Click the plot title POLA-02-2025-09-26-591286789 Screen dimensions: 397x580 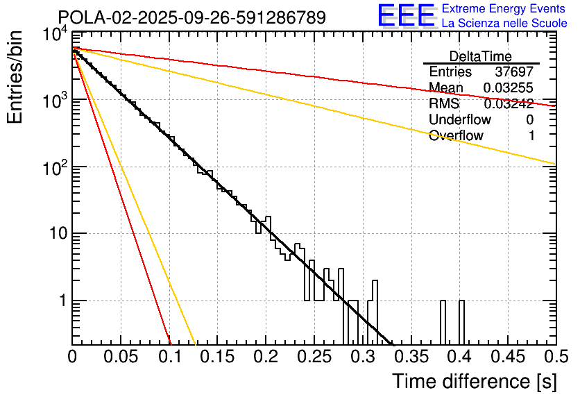pyautogui.click(x=191, y=18)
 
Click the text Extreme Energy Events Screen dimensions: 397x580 pyautogui.click(x=504, y=9)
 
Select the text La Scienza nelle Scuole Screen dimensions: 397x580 pyautogui.click(x=504, y=23)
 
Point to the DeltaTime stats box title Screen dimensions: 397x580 pyautogui.click(x=480, y=56)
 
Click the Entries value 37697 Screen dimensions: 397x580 pyautogui.click(x=514, y=72)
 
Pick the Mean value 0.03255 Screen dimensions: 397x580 pyautogui.click(x=508, y=88)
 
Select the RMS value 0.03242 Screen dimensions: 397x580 pyautogui.click(x=508, y=104)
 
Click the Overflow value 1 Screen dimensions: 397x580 pyautogui.click(x=531, y=136)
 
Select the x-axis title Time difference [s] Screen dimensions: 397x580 pyautogui.click(x=474, y=381)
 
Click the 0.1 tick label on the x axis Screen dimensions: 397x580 pyautogui.click(x=169, y=357)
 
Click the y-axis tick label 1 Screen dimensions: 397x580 pyautogui.click(x=62, y=301)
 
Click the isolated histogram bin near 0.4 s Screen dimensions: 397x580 pyautogui.click(x=461, y=322)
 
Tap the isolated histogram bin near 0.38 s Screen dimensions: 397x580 pyautogui.click(x=443, y=322)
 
